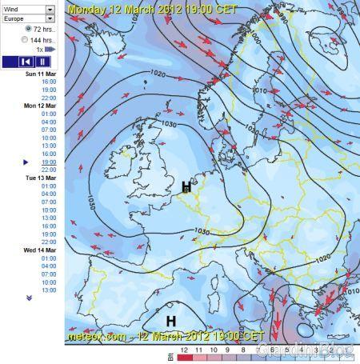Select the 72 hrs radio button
pos(29,29)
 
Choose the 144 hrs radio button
pos(29,38)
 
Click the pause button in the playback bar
pos(42,62)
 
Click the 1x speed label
pos(40,49)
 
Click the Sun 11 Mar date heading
pos(42,74)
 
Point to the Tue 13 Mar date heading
pos(42,178)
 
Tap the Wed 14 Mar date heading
pos(42,250)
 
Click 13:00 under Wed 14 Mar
pos(49,290)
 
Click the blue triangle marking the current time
pos(26,162)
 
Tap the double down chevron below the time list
pos(30,298)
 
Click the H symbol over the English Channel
pos(186,186)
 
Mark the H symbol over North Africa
pos(170,320)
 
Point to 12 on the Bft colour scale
pos(185,350)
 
